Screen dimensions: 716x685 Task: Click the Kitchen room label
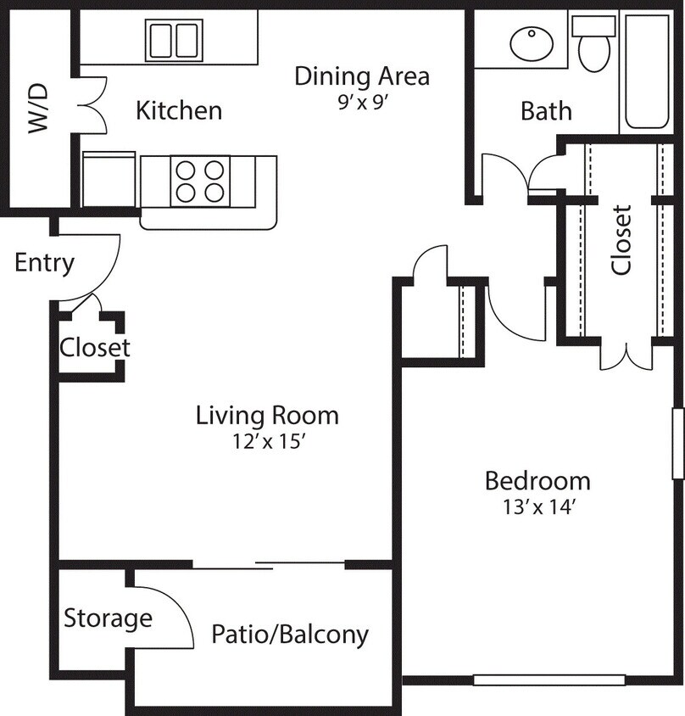[180, 110]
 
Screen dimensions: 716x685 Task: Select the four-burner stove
[201, 181]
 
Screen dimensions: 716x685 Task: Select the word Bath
[546, 111]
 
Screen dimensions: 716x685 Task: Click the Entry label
[44, 263]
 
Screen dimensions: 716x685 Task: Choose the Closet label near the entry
[94, 348]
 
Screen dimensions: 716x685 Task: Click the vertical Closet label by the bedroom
[621, 239]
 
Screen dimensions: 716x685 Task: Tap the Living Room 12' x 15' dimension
[267, 441]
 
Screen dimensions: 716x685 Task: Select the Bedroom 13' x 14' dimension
[537, 507]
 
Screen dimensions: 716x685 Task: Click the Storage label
[108, 618]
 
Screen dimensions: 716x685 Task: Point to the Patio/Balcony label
[290, 634]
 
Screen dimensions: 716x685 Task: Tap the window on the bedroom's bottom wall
[549, 680]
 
